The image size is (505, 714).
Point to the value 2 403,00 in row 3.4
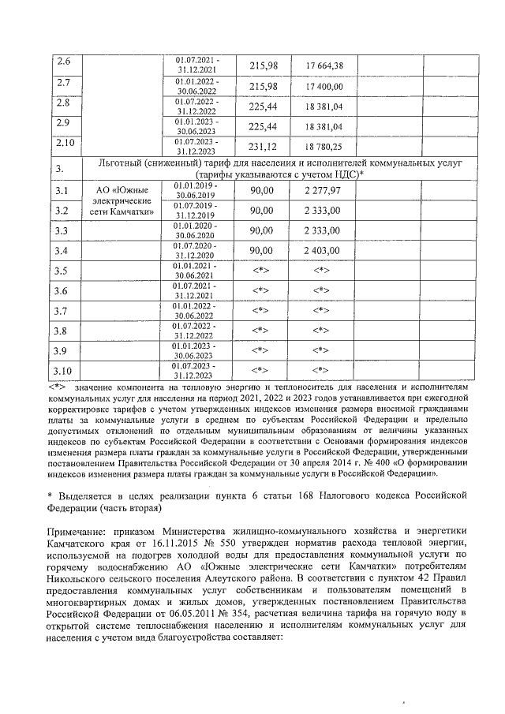click(x=323, y=250)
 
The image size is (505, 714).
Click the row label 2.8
click(x=65, y=103)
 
